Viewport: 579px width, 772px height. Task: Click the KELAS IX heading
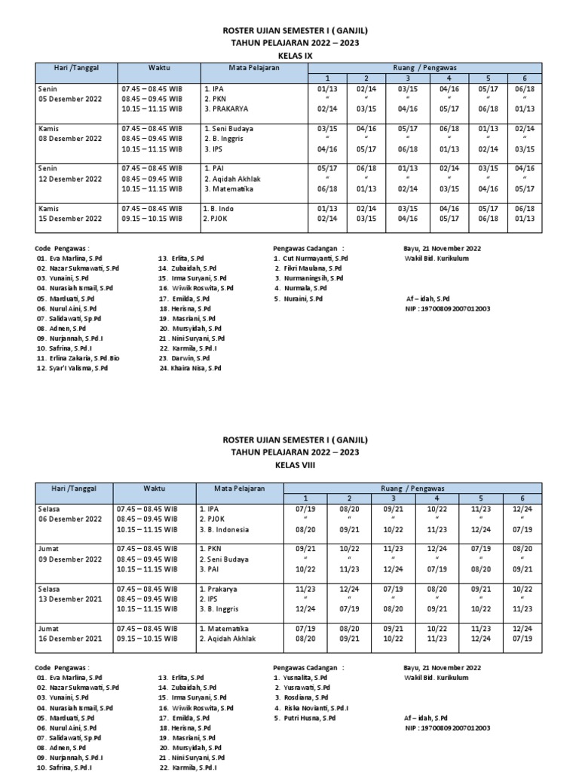tap(289, 55)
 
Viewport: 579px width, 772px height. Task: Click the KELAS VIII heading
tap(289, 465)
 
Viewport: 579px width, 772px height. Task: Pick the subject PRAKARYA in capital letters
tap(229, 109)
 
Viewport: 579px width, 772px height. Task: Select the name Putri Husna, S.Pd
tap(310, 718)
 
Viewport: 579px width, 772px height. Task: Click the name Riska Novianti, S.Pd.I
tap(316, 708)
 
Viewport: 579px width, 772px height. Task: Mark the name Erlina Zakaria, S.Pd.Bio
tap(82, 358)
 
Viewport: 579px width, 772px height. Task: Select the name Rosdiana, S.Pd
tap(306, 697)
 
